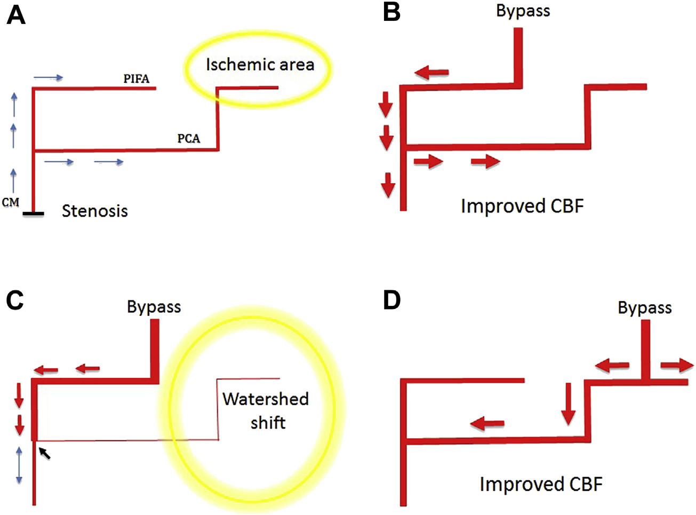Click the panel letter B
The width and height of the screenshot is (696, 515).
tap(392, 12)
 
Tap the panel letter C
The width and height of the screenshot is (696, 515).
tap(15, 300)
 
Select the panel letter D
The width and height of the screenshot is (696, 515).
tap(392, 300)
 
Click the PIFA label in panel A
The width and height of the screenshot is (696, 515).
tap(137, 79)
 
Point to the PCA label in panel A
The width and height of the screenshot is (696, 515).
tap(189, 139)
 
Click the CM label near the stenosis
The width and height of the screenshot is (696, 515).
tap(11, 202)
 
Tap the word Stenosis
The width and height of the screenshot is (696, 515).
tap(95, 211)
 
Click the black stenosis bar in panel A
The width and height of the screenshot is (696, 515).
tap(33, 214)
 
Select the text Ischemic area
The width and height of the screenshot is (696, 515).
tap(260, 65)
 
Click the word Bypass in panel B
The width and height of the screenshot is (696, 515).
tap(523, 11)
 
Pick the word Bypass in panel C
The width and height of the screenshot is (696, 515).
tap(154, 307)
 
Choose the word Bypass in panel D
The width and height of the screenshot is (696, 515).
tap(644, 308)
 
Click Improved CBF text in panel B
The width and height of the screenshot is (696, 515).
tap(522, 206)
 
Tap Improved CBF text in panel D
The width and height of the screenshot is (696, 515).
tap(541, 484)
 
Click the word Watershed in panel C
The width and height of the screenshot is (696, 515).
tap(266, 399)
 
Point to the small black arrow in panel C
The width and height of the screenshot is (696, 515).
tap(45, 454)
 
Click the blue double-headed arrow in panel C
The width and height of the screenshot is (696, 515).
tap(19, 465)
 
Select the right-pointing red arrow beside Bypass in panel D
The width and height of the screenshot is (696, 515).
tap(677, 366)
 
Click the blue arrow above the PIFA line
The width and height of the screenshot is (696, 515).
tap(48, 78)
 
